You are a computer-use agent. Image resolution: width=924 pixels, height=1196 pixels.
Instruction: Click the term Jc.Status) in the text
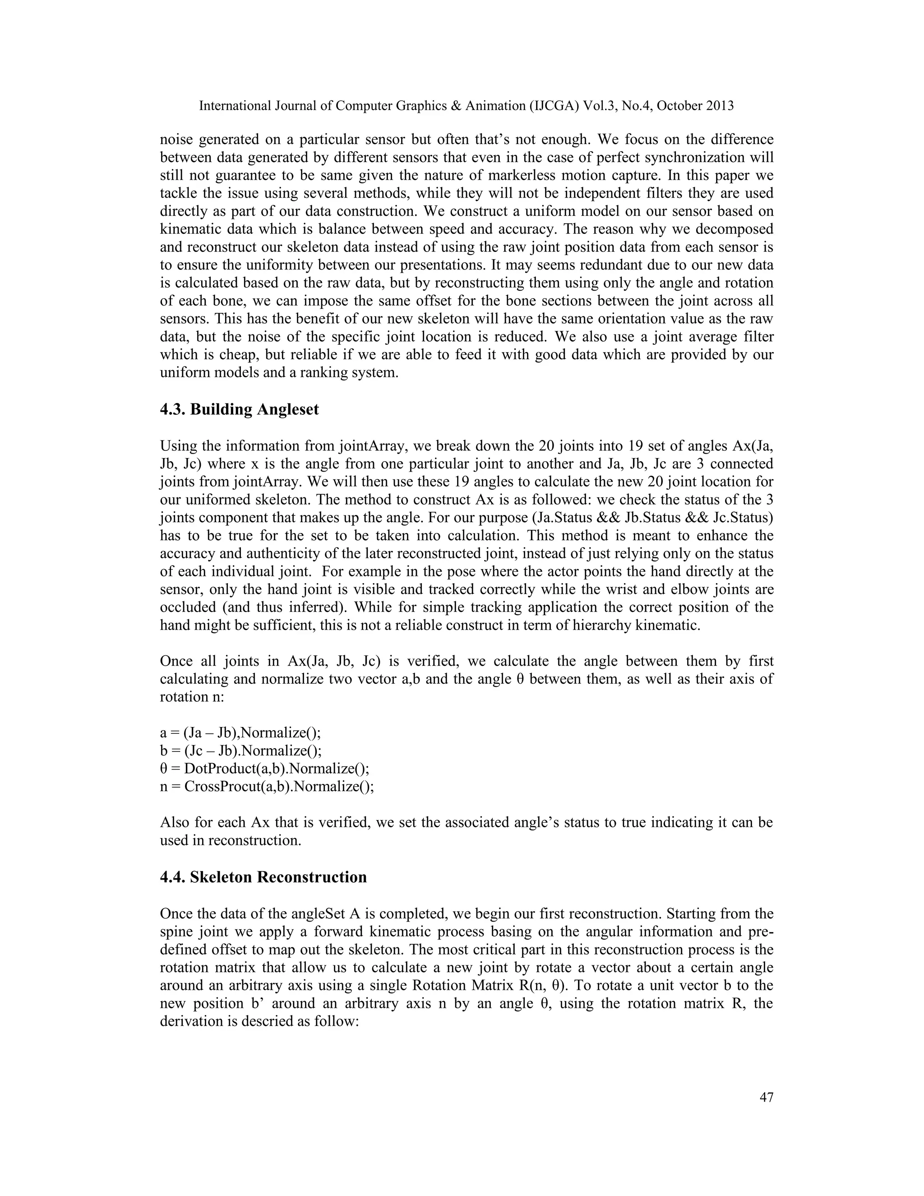point(741,518)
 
